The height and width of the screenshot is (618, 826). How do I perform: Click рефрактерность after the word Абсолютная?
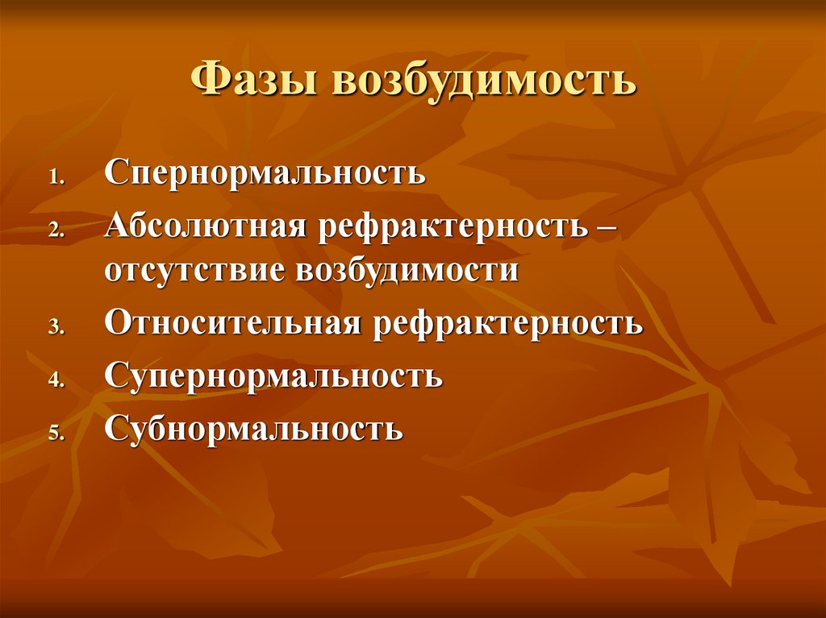coord(453,226)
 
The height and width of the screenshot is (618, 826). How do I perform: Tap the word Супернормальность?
coord(273,376)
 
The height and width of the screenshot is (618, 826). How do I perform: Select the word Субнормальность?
coord(253,428)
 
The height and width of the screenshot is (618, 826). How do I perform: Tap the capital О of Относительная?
coord(115,324)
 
